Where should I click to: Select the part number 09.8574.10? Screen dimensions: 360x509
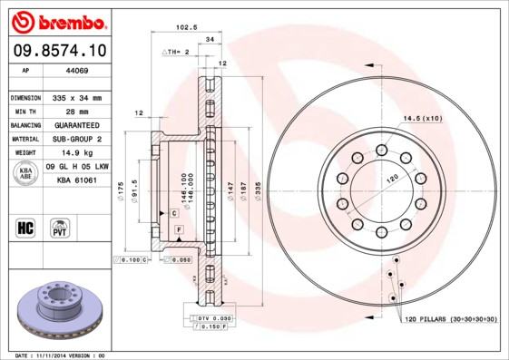click(58, 52)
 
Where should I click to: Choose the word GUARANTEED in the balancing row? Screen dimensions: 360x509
click(74, 125)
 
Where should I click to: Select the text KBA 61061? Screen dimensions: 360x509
click(77, 181)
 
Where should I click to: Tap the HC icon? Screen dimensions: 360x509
click(24, 227)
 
